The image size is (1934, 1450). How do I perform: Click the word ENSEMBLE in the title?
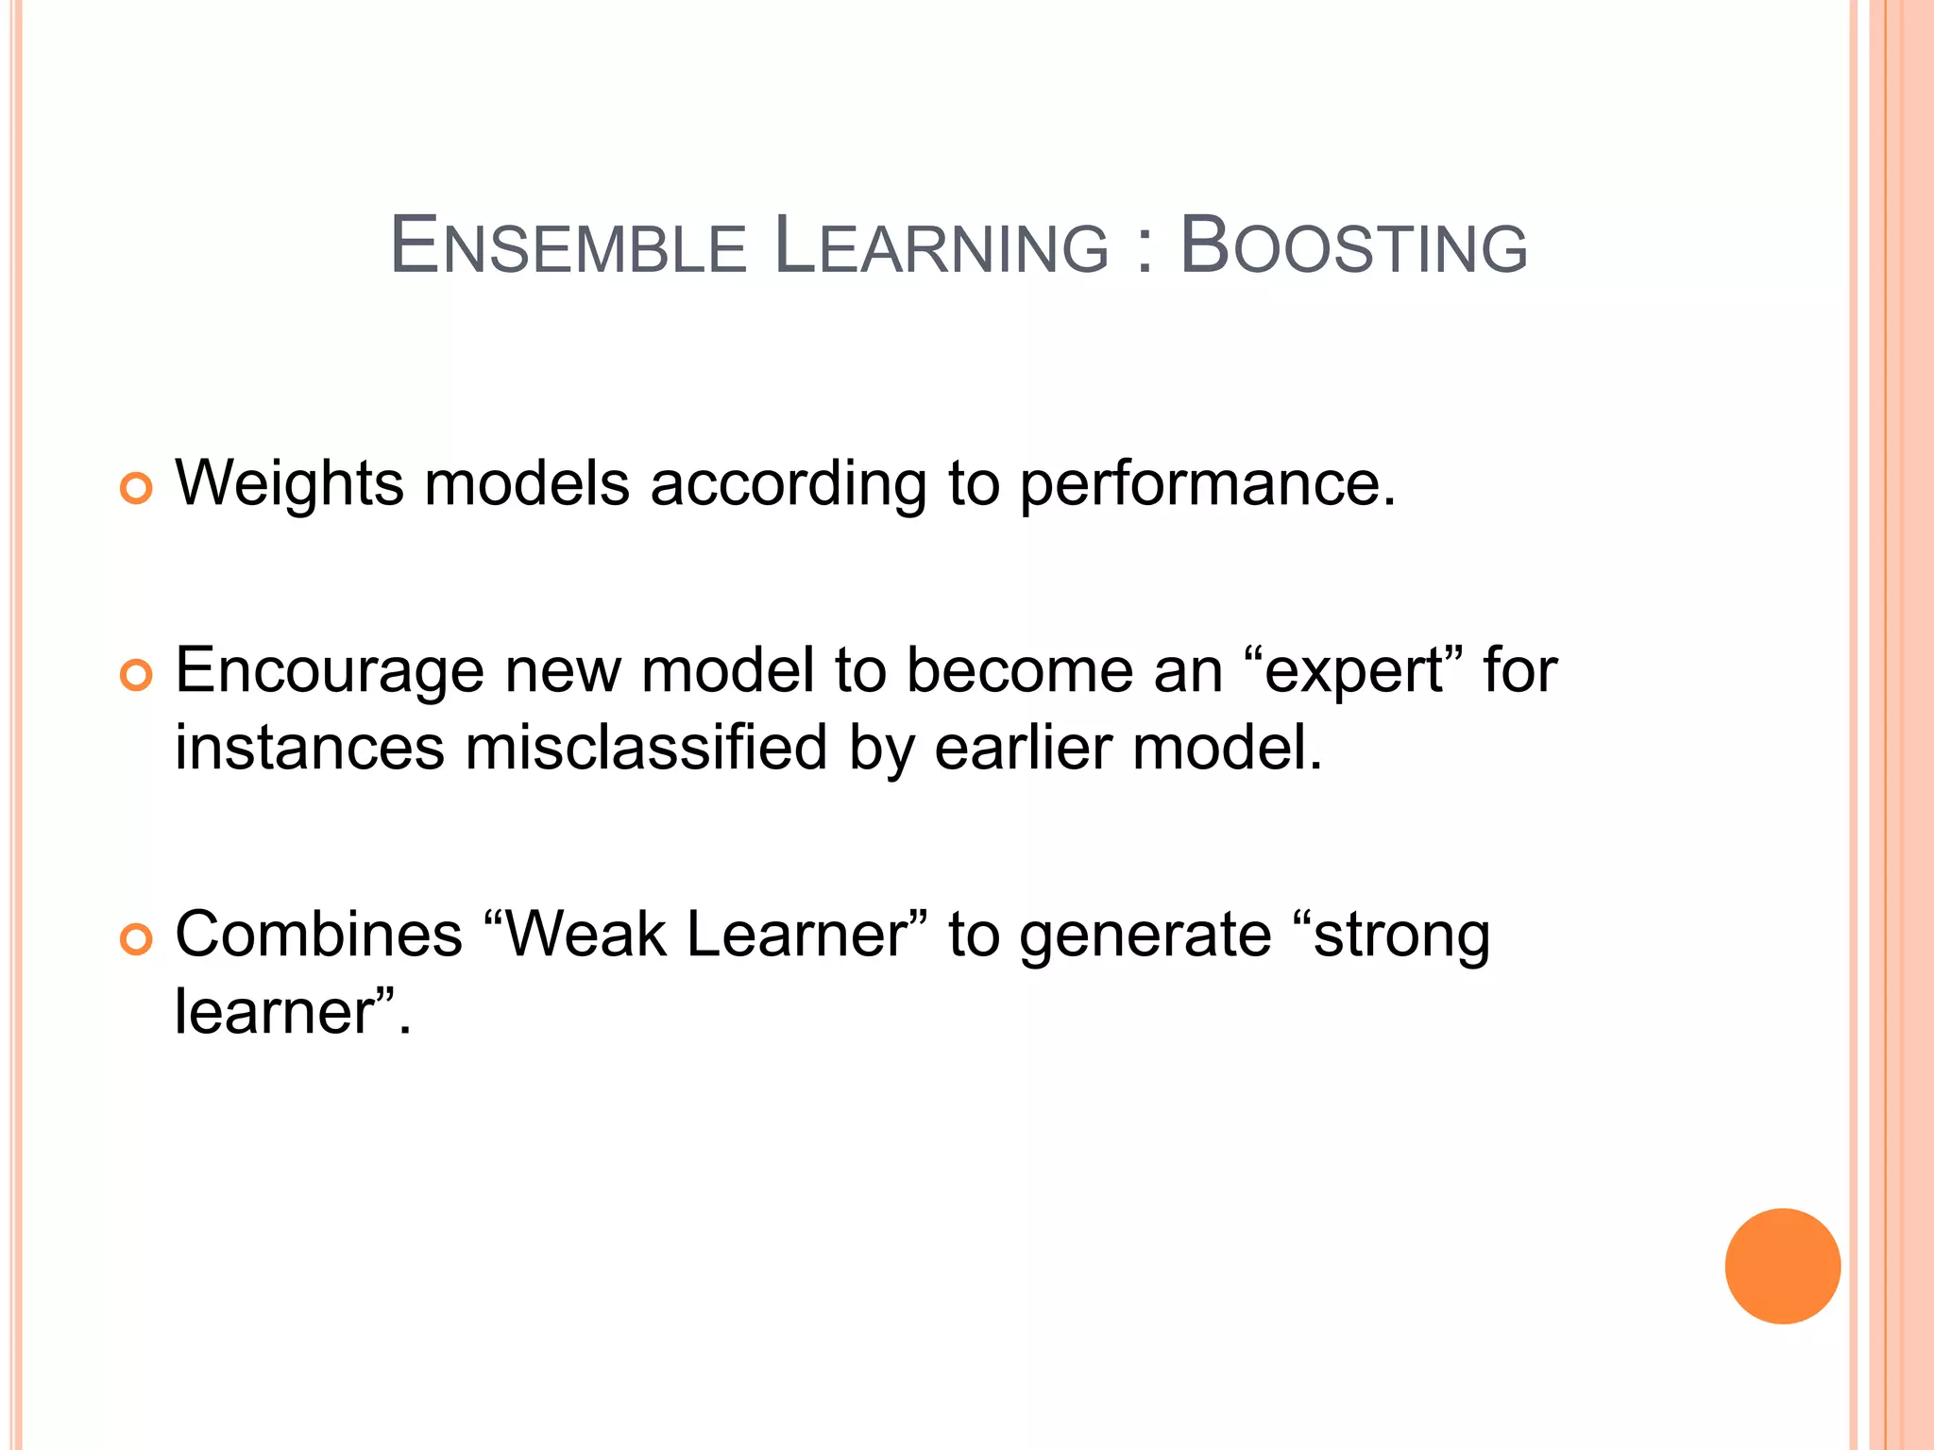(x=568, y=246)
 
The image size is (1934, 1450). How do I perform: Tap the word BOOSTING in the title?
(x=1353, y=246)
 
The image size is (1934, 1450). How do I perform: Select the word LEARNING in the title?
(x=941, y=246)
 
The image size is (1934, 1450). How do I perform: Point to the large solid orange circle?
(x=1782, y=1266)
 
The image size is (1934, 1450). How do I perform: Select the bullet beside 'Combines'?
(x=136, y=939)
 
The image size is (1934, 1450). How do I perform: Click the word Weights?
(x=290, y=484)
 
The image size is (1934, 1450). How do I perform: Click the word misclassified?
(x=646, y=748)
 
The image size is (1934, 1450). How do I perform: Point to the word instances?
(x=309, y=748)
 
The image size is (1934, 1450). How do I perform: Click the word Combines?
(x=318, y=935)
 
